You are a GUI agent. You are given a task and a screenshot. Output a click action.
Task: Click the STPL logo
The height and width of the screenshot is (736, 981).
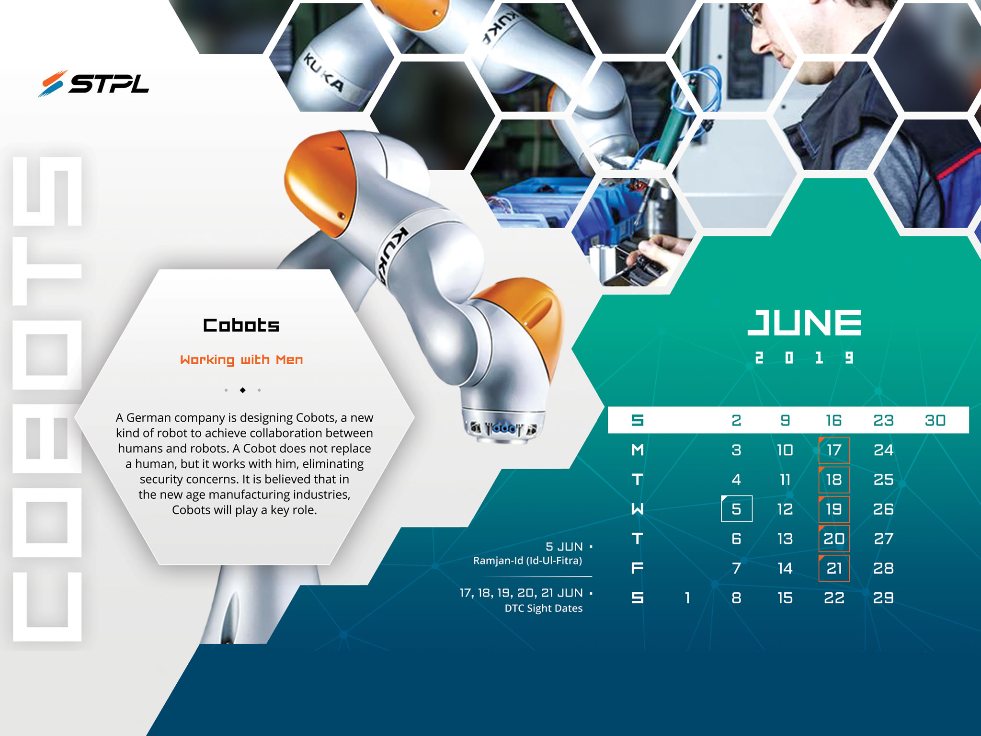click(93, 84)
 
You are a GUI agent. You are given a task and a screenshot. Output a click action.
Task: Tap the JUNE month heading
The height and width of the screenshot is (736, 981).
click(804, 322)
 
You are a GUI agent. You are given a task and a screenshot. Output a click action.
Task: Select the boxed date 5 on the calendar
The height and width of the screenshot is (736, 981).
click(736, 508)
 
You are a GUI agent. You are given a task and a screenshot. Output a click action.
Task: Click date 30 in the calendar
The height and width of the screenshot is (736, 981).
click(935, 420)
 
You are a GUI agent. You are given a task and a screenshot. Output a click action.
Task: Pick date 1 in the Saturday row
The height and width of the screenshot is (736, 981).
click(687, 598)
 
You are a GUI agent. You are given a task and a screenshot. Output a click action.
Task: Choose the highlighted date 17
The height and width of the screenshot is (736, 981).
click(834, 450)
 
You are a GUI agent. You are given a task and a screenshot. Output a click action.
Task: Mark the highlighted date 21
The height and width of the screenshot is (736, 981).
click(834, 568)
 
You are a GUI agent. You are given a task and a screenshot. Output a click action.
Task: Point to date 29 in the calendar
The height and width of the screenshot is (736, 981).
click(883, 598)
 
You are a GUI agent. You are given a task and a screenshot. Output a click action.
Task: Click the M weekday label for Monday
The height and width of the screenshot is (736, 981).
click(638, 450)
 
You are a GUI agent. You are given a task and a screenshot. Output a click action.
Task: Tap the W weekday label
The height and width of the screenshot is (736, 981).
click(638, 509)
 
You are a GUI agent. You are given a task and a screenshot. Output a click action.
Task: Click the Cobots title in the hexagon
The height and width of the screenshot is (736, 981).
click(241, 325)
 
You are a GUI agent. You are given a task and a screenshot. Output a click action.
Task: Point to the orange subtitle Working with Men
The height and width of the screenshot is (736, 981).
click(241, 360)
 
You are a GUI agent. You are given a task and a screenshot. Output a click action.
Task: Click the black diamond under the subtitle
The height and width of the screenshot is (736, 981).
click(243, 390)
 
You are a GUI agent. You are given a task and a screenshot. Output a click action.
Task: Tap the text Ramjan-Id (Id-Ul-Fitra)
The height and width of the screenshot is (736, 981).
click(527, 561)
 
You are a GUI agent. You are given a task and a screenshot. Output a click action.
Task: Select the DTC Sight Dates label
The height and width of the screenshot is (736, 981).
click(543, 608)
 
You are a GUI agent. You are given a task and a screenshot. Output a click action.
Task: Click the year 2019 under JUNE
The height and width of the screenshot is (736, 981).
click(804, 357)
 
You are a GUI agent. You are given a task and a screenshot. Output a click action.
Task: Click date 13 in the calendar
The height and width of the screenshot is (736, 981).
click(785, 539)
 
